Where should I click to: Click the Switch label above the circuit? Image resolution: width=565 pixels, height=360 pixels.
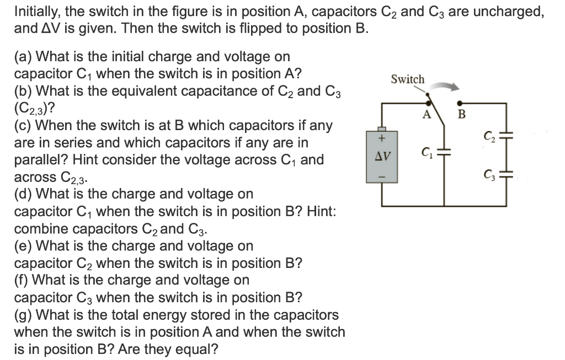pos(408,79)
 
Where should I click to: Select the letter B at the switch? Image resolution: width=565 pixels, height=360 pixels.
pos(462,115)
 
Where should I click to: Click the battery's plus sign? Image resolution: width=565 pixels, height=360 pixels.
pos(381,135)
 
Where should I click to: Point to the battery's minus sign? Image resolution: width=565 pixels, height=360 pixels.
pos(381,177)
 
